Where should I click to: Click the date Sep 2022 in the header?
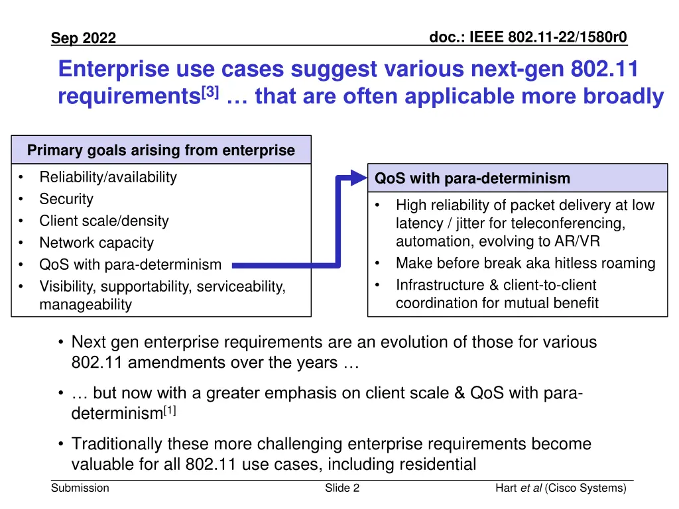coord(84,38)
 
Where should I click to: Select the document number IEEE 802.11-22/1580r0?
coord(528,37)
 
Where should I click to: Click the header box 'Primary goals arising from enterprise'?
coord(161,150)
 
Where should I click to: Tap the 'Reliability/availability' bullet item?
coord(108,177)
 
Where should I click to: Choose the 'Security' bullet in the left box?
coord(66,199)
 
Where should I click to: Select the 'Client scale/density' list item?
coord(104,221)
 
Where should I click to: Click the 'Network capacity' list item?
coord(96,243)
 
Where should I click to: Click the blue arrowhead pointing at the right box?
coord(358,178)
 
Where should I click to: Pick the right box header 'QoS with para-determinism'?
coord(472,178)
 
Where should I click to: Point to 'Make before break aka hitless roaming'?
coord(525,263)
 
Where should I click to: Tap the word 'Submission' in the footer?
coord(80,488)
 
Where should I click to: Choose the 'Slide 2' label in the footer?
coord(342,488)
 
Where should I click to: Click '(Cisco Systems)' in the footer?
coord(586,488)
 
